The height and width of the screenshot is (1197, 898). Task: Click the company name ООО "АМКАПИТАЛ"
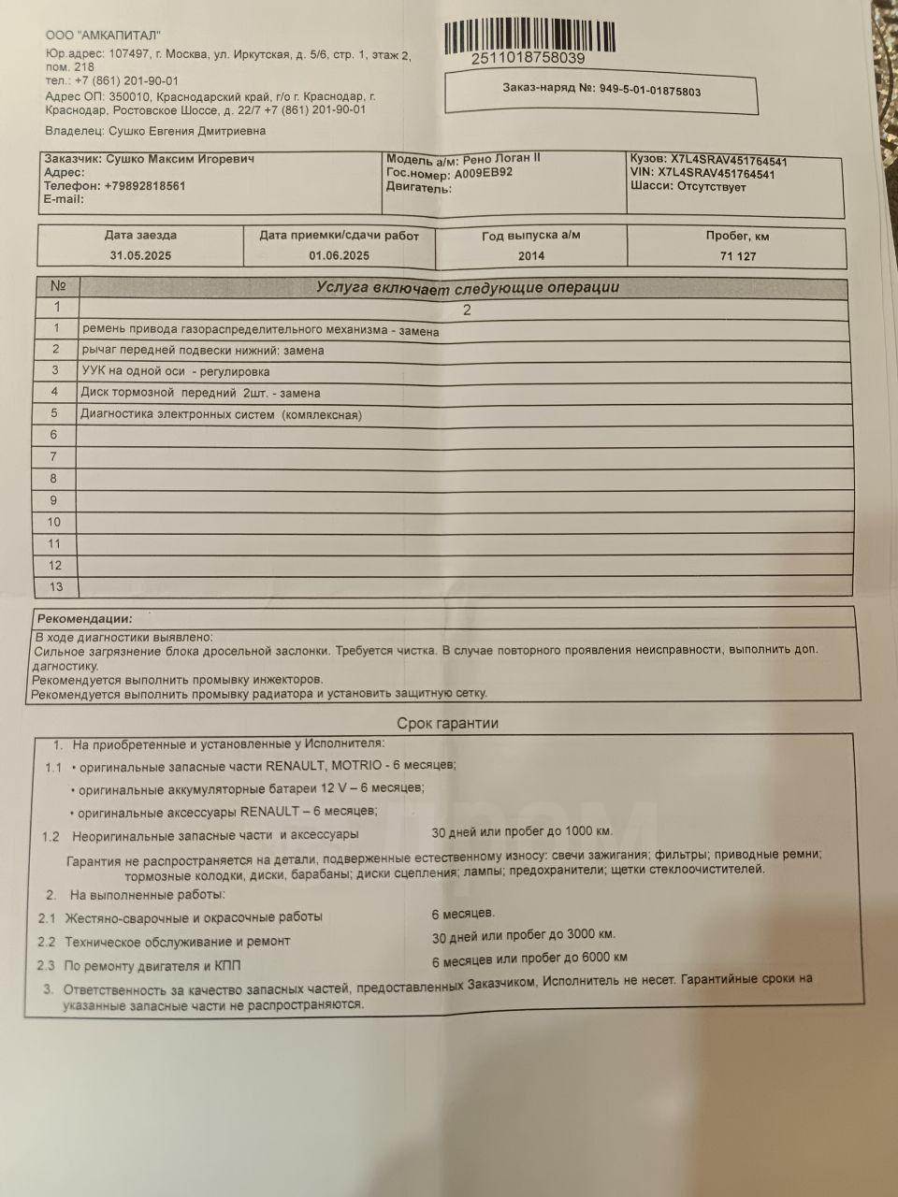click(x=103, y=35)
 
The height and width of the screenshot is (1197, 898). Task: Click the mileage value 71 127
click(x=738, y=256)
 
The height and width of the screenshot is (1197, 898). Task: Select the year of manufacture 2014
click(x=530, y=255)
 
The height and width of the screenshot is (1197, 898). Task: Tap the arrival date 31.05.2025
click(x=140, y=255)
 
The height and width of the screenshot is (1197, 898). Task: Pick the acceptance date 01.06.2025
click(x=339, y=255)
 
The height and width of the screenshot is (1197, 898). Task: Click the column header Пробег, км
click(x=737, y=237)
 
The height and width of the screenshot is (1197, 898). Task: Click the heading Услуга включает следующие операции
click(x=468, y=288)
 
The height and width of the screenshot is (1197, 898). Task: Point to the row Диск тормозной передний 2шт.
click(x=200, y=393)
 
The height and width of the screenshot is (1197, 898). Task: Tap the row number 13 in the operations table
click(x=56, y=586)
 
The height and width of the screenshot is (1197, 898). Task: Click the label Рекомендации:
click(x=84, y=619)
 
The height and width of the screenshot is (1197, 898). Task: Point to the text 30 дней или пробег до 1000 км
click(x=522, y=831)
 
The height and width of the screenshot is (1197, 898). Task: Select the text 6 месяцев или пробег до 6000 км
click(x=529, y=959)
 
